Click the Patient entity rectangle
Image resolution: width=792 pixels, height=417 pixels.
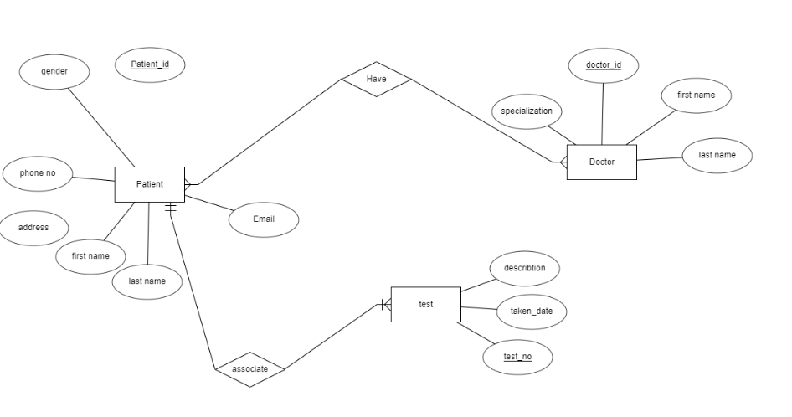(149, 184)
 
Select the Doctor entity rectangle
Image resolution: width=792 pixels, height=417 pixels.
(601, 162)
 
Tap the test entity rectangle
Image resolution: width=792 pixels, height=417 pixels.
(425, 305)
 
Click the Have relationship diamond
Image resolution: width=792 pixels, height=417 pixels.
(376, 79)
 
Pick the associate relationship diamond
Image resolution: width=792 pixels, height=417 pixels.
(250, 369)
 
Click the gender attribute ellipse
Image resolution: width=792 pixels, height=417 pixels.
(54, 72)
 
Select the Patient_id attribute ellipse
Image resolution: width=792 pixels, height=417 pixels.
(150, 64)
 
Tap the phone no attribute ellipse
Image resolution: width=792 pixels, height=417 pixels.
(38, 173)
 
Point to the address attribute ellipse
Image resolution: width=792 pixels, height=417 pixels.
(33, 228)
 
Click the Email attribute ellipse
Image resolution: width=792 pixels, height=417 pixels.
(264, 219)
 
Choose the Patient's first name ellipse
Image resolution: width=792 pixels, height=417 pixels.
(90, 256)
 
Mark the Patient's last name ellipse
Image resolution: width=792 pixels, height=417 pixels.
(147, 281)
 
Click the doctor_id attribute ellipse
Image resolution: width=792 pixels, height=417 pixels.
(603, 65)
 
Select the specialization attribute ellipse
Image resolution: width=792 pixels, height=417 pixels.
(527, 111)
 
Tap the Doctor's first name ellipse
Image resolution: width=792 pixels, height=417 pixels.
(696, 95)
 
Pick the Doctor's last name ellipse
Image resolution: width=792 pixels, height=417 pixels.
(717, 156)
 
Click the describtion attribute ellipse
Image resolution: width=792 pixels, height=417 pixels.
(525, 269)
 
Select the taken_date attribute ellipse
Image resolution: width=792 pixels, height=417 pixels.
(532, 311)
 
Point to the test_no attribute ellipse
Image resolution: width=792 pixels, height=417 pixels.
(517, 358)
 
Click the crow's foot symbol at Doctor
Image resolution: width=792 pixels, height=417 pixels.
(562, 162)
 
